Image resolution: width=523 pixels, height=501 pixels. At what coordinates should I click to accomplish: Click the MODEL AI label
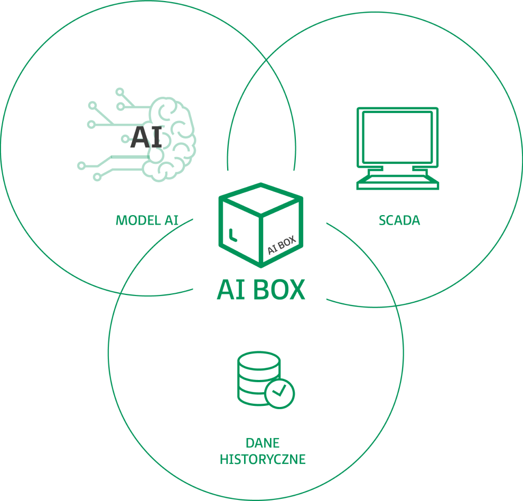(147, 220)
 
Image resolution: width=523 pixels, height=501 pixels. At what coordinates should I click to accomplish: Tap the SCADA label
(399, 220)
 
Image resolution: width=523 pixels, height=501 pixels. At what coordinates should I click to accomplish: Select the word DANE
(263, 442)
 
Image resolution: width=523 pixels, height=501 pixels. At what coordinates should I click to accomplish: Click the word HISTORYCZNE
(263, 459)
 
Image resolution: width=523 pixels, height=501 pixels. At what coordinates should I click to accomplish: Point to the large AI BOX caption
(261, 289)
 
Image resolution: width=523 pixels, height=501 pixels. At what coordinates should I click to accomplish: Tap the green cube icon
(261, 224)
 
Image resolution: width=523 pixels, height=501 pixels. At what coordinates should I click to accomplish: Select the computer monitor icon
(398, 148)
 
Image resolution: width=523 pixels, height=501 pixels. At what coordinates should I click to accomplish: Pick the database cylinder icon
(258, 378)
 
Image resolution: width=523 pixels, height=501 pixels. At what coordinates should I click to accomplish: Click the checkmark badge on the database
(279, 393)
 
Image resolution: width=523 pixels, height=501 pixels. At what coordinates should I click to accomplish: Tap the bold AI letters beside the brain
(147, 136)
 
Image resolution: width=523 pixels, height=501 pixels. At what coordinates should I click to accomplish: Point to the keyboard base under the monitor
(398, 183)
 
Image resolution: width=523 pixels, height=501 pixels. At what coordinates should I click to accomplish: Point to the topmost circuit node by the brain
(120, 92)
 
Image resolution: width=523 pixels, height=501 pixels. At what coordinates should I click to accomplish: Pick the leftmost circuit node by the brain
(81, 165)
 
